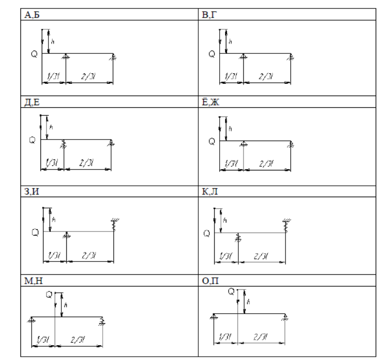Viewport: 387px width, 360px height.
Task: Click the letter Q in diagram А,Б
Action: coord(35,54)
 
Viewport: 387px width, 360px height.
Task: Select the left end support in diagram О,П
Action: coord(214,317)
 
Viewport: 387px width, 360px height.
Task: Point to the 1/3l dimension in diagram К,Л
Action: coord(226,254)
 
